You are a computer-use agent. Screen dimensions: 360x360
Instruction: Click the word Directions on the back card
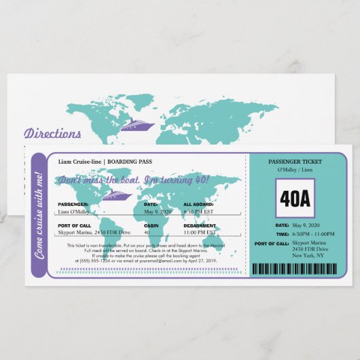[52, 134]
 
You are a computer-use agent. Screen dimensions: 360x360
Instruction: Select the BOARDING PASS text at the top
[130, 162]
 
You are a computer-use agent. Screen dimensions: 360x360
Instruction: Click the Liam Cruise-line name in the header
[81, 162]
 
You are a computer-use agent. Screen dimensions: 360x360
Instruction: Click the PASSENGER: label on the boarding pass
[73, 204]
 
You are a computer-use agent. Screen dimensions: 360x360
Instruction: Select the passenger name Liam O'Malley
[79, 211]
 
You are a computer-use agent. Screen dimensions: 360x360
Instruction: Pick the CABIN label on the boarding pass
[151, 226]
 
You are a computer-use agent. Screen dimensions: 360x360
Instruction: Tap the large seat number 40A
[295, 198]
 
